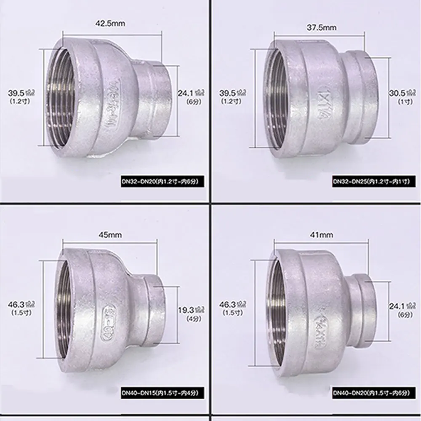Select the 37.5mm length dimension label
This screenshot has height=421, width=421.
tap(325, 27)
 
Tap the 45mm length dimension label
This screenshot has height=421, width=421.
tap(111, 235)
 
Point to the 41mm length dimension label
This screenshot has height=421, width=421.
tap(326, 235)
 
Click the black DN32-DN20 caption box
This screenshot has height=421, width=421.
tap(163, 182)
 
